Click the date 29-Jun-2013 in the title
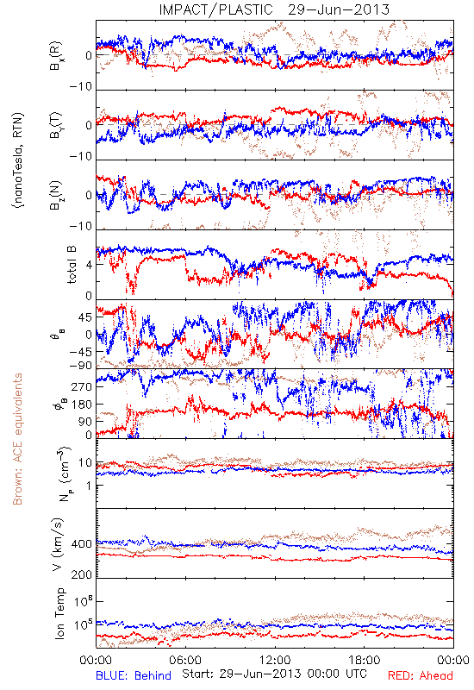339,9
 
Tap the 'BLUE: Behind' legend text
134,675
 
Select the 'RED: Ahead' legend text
420,675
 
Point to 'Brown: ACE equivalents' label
17,439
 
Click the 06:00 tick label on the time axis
185,660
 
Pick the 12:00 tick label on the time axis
275,660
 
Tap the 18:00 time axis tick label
364,660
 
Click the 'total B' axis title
72,265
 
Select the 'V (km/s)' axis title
58,544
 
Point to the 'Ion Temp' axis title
59,613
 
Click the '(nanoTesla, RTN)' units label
18,160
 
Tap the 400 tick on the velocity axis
82,544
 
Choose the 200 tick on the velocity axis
82,574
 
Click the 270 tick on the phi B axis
82,386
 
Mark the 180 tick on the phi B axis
82,405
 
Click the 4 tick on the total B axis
90,265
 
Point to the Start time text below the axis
274,674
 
